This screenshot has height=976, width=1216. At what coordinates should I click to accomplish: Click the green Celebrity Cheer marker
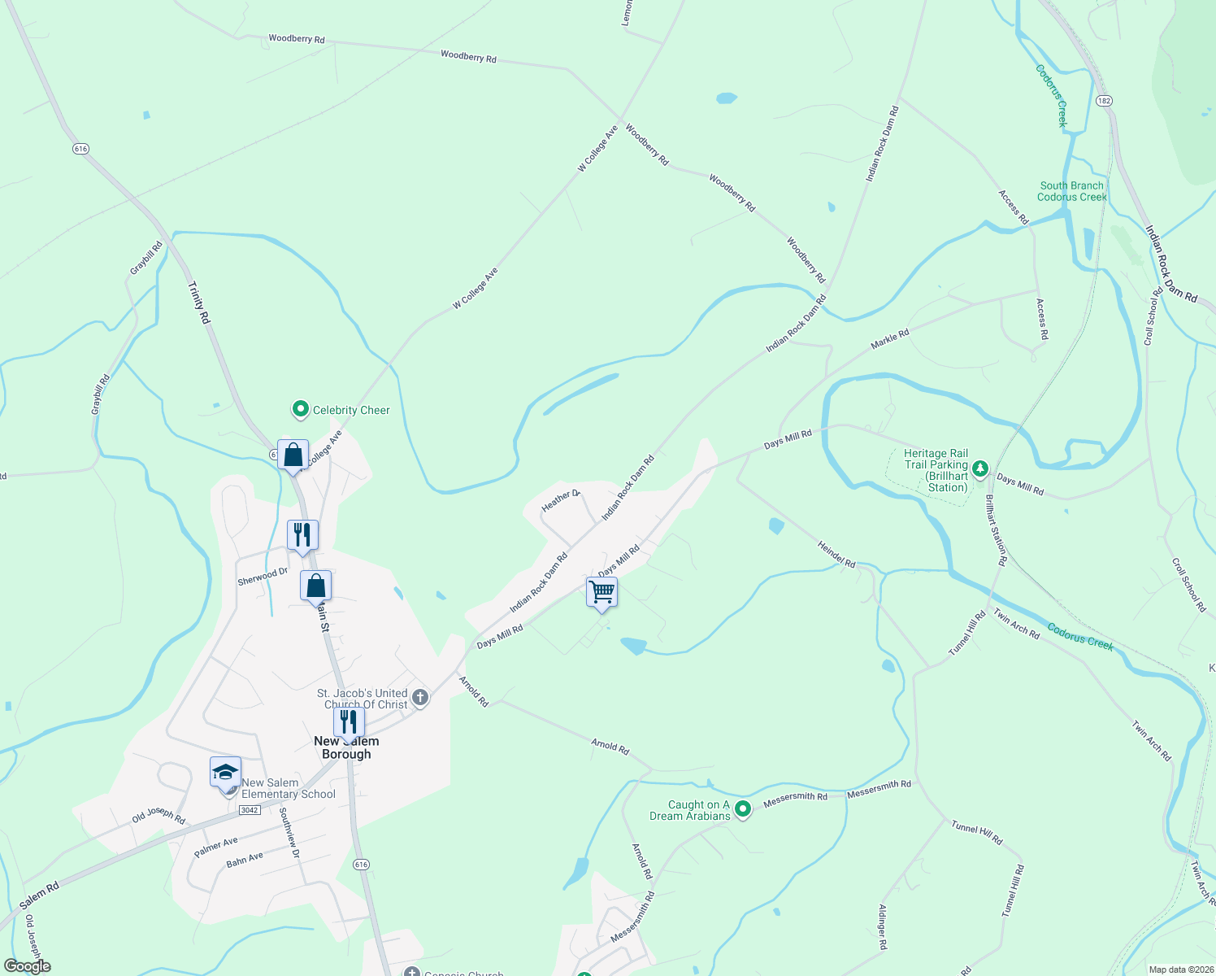tap(301, 409)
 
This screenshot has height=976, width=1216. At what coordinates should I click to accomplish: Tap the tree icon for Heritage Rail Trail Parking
tap(980, 468)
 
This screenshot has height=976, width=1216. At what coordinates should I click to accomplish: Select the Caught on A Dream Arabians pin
tap(742, 809)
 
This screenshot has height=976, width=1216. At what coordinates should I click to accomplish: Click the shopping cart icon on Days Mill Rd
tap(601, 591)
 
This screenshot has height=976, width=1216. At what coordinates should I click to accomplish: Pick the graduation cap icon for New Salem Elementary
tap(225, 771)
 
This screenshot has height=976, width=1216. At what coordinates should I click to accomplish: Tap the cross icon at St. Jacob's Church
tap(420, 697)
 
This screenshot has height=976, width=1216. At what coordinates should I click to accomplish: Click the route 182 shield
tap(1103, 101)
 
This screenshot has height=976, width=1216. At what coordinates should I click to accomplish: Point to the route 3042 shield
tap(250, 810)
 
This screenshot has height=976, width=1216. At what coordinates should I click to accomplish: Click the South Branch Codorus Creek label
tap(1071, 191)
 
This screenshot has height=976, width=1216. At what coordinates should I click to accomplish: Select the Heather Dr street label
tap(560, 500)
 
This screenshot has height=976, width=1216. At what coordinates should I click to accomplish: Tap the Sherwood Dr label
tap(263, 577)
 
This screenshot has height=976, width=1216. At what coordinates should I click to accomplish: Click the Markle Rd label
tap(889, 339)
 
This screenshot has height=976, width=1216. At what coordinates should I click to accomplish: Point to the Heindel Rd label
tap(836, 555)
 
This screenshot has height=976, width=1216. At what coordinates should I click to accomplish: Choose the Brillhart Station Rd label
tap(997, 529)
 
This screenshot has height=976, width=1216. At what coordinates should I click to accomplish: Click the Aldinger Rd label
tap(883, 927)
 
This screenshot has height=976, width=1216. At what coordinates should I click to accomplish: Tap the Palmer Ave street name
tap(216, 847)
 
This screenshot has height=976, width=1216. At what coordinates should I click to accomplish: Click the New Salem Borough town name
tap(346, 747)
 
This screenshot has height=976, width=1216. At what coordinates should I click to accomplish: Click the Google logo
tap(28, 966)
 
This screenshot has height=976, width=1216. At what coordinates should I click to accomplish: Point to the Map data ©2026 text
tap(1178, 969)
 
